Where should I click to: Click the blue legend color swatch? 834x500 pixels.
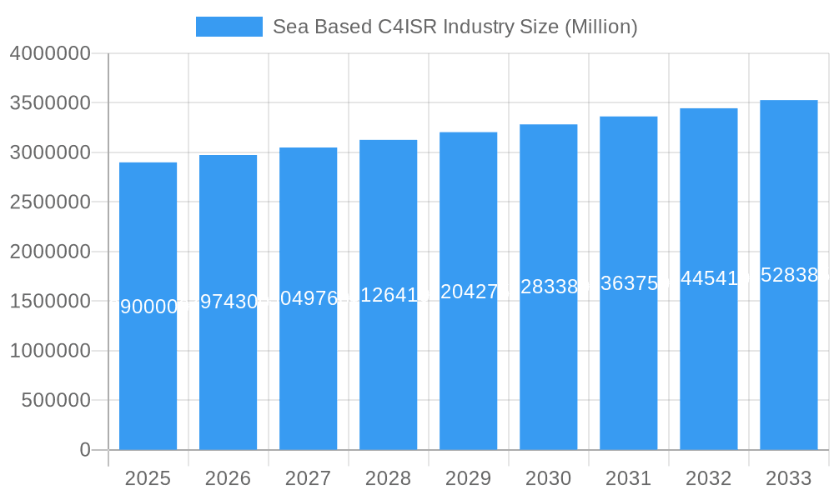tap(229, 27)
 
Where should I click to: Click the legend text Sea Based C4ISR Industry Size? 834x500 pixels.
tap(455, 27)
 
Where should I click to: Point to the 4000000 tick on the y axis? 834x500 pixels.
tap(50, 53)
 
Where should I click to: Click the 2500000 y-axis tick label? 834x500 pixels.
tap(50, 202)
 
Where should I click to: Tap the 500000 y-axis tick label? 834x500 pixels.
tap(56, 400)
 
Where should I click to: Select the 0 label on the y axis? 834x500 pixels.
tap(85, 450)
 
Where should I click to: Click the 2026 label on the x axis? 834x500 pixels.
tap(228, 478)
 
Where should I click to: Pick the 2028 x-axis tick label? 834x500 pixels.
tap(388, 478)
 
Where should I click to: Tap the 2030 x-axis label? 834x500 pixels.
tap(548, 478)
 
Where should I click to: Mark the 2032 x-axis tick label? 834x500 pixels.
tap(708, 478)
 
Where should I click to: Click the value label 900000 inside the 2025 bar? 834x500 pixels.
tap(148, 307)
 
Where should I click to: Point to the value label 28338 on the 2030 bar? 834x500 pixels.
tap(548, 287)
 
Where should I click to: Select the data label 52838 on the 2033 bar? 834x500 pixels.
tap(788, 276)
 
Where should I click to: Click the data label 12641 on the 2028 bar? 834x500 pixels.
tap(388, 294)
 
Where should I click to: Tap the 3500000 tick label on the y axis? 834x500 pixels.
tap(50, 103)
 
